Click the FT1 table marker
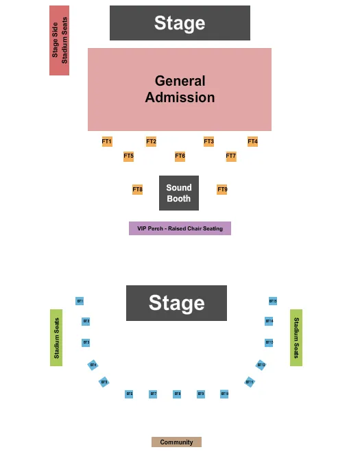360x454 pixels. point(107,141)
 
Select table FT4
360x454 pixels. point(252,141)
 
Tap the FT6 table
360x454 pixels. point(180,156)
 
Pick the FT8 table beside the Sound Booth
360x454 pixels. point(138,189)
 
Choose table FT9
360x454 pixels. point(222,189)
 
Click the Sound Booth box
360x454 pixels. point(179,193)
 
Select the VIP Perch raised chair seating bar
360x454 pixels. point(180,228)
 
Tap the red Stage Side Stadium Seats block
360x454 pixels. point(60,40)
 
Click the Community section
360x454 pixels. point(176,442)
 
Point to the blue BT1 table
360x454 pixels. point(80,301)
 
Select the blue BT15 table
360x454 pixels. point(272,301)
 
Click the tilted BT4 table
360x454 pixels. point(93,365)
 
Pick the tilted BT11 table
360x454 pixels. point(250,382)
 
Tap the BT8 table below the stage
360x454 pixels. point(177,394)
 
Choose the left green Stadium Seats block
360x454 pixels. point(56,337)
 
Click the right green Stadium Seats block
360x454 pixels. point(296,337)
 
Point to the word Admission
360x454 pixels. point(180,97)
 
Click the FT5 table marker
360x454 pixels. point(128,156)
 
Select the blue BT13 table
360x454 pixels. point(269,342)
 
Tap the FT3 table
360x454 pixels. point(208,141)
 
